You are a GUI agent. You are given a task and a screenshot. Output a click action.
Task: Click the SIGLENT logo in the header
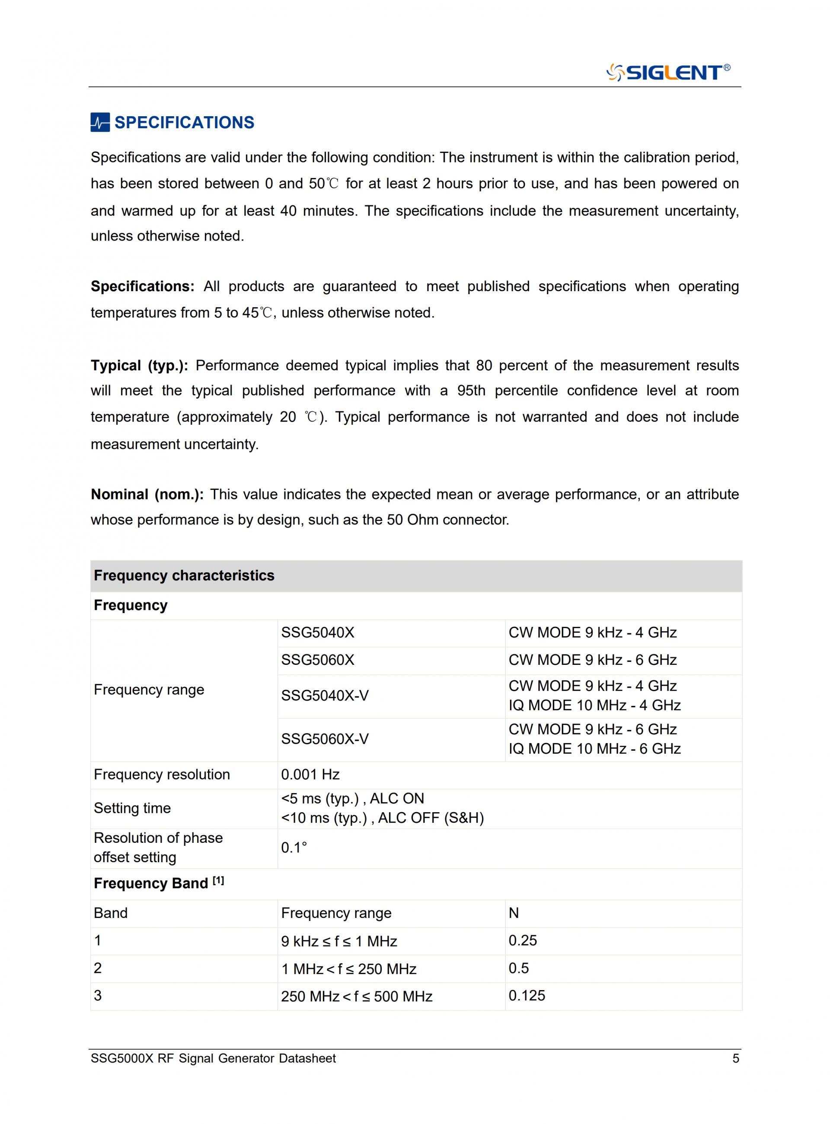668,72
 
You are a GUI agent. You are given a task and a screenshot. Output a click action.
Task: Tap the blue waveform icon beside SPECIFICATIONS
100,123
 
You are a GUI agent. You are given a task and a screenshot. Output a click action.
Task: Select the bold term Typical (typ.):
139,365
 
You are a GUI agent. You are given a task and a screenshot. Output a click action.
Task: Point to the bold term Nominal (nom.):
147,495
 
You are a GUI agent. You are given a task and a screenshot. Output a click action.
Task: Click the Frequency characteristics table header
184,575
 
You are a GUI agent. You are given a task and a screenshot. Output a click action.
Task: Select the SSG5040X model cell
318,632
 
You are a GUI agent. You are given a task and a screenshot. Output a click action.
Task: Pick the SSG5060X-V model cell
325,739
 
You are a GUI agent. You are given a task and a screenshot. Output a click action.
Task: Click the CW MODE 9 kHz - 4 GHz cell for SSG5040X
592,632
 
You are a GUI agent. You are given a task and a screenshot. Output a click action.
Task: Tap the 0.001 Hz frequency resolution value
310,775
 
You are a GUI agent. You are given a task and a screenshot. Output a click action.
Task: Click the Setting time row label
132,808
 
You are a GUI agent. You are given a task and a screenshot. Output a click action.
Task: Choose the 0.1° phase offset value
294,848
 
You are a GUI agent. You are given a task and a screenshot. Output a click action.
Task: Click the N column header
514,913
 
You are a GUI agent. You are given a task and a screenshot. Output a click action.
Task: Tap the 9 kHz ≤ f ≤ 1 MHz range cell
339,941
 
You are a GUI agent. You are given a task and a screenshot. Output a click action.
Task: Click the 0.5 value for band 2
518,968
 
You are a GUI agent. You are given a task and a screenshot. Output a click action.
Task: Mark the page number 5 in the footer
736,1058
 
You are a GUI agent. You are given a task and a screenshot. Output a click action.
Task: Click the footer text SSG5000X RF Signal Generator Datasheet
213,1058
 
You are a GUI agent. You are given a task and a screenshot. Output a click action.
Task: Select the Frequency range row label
149,690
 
